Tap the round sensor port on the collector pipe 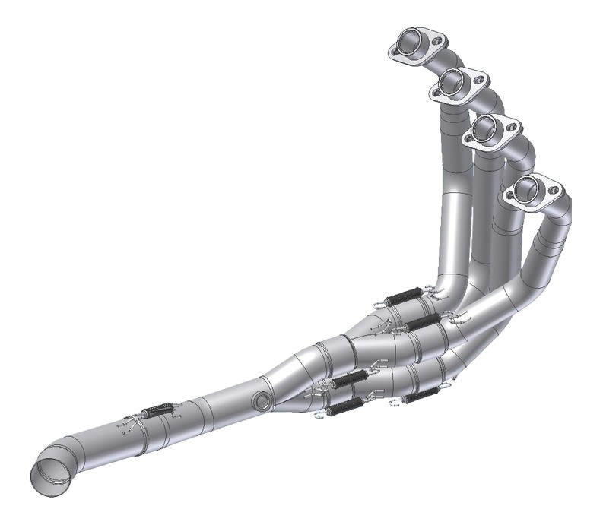[263, 400]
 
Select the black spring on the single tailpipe [155, 411]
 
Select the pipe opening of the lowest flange [530, 189]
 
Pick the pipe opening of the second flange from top [454, 79]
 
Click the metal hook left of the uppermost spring [379, 305]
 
